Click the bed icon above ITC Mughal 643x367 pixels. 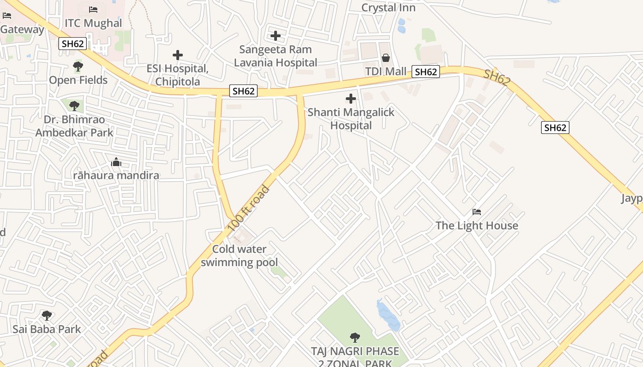coord(93,9)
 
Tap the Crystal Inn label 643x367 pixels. coord(388,8)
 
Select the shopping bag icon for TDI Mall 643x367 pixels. coord(386,58)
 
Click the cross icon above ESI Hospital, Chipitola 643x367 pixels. coord(178,55)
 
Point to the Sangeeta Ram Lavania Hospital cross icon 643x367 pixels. coord(276,35)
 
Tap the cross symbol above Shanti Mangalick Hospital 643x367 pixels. coord(351,98)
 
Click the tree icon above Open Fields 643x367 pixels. coord(78,67)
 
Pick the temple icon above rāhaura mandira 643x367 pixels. coord(116,162)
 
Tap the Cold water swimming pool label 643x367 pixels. coord(239,256)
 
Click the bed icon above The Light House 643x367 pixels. coord(477,212)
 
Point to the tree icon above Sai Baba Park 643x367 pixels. coord(46,316)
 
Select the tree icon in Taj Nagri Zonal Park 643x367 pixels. coord(355,338)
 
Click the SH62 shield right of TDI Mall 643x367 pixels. coord(426,72)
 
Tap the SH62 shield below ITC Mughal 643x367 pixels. coord(73,44)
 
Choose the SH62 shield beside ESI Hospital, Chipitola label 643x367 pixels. coord(243,91)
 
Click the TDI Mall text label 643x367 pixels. coord(386,72)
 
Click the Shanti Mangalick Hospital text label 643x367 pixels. coord(351,119)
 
